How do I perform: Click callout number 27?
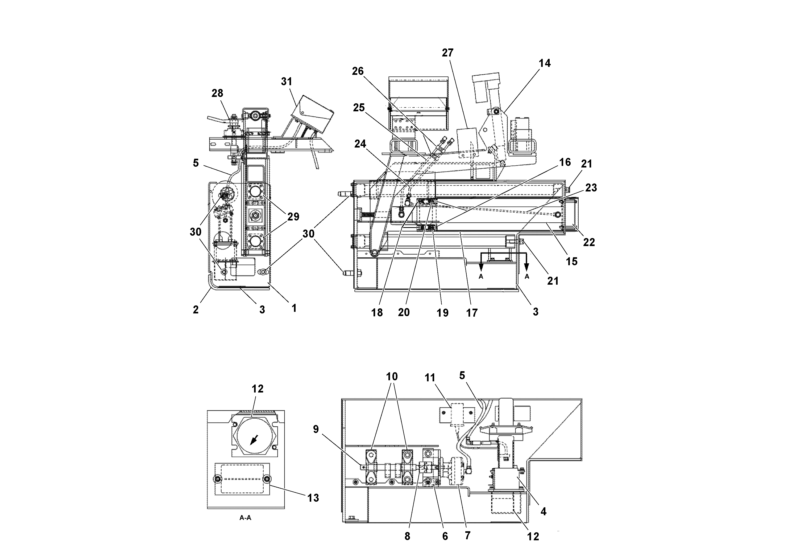(x=447, y=53)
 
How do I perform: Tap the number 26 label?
(x=358, y=71)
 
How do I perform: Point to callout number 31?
(x=286, y=81)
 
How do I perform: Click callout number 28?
(x=217, y=93)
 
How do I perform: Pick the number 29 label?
(x=293, y=217)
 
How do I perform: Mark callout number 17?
(x=472, y=313)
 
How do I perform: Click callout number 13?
(x=313, y=498)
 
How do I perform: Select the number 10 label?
(x=392, y=376)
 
